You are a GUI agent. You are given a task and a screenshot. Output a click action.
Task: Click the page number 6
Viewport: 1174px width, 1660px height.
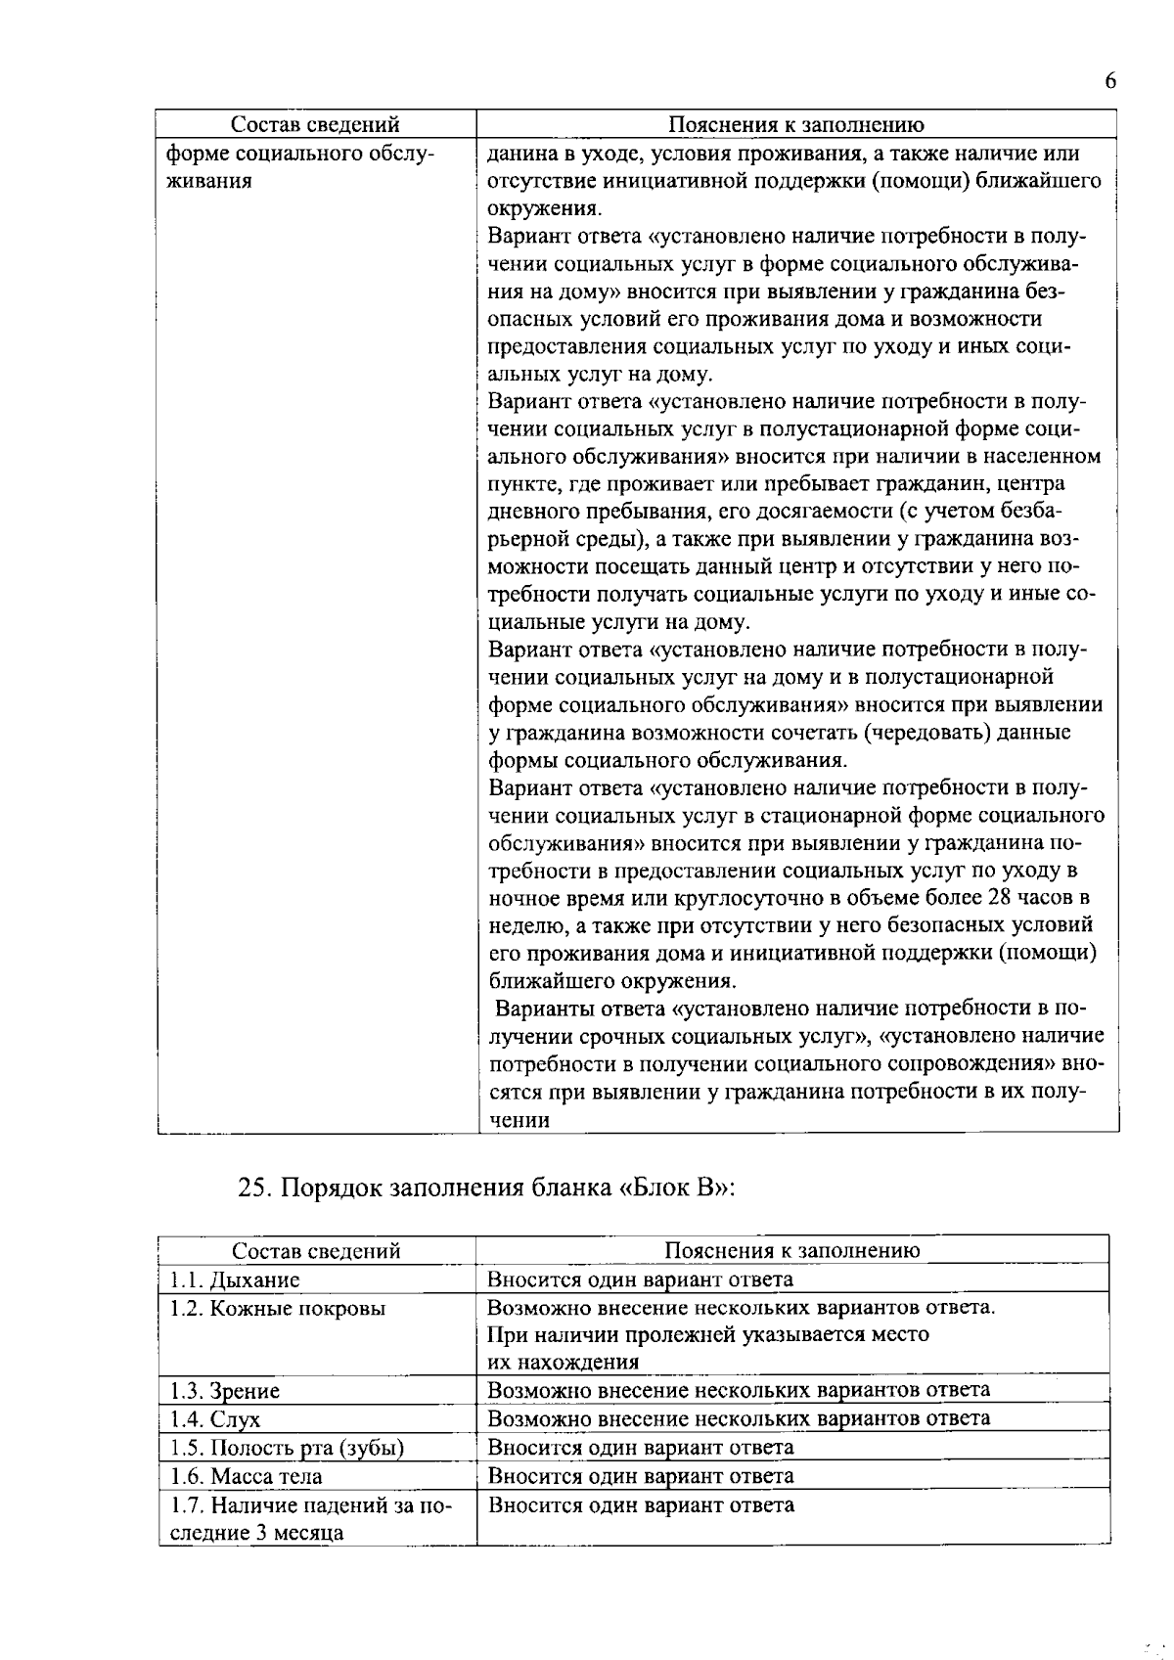tap(1109, 82)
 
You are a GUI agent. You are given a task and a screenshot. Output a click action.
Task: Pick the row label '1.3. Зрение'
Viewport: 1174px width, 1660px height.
tap(225, 1390)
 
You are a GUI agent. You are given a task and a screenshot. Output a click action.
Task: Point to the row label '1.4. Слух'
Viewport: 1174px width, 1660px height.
tap(215, 1418)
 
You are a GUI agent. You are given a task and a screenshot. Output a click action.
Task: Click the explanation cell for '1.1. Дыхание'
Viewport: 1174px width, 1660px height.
tap(641, 1279)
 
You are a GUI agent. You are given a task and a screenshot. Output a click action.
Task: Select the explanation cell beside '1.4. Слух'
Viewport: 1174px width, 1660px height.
tap(739, 1418)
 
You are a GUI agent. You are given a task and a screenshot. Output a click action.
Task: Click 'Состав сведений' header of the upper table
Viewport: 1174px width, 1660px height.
tap(315, 124)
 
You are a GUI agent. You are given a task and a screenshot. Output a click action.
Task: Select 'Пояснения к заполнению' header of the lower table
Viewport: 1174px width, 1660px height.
tap(792, 1250)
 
